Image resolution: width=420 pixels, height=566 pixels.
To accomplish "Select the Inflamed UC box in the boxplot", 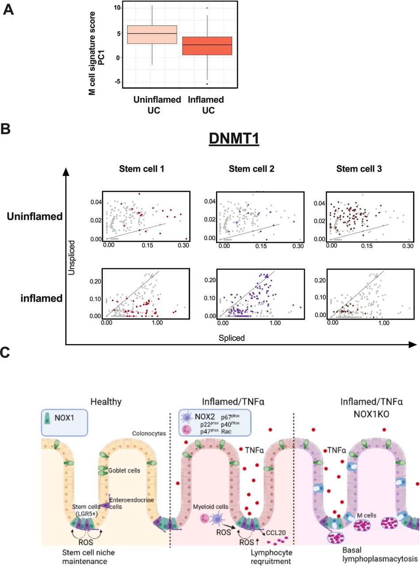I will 207,46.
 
